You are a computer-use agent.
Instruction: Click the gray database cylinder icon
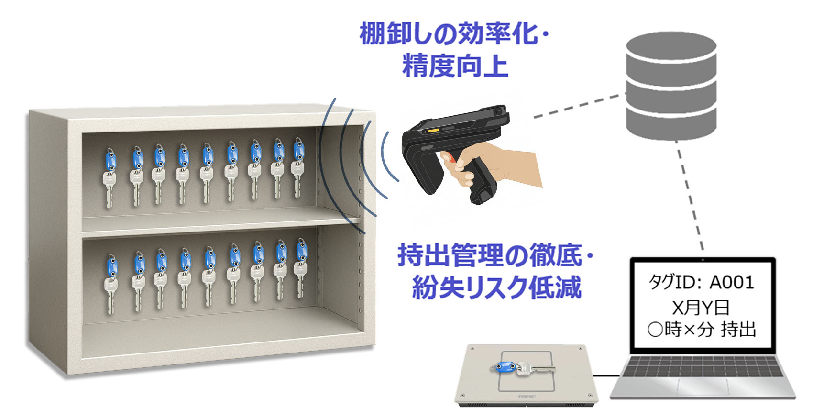[671, 87]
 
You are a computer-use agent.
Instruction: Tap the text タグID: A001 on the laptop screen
[701, 282]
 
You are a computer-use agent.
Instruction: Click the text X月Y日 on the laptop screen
[701, 308]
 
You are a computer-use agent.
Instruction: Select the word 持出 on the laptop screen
[738, 330]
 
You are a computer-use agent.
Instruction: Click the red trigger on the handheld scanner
[451, 157]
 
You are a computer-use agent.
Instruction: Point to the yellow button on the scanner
[433, 131]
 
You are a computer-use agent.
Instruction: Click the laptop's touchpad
[703, 386]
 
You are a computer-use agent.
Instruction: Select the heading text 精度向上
[455, 66]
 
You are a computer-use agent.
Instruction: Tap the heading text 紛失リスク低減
[496, 287]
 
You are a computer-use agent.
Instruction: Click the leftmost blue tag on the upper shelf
[110, 160]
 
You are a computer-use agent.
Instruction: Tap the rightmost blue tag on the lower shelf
[301, 251]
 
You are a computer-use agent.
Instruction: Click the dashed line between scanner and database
[580, 106]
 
